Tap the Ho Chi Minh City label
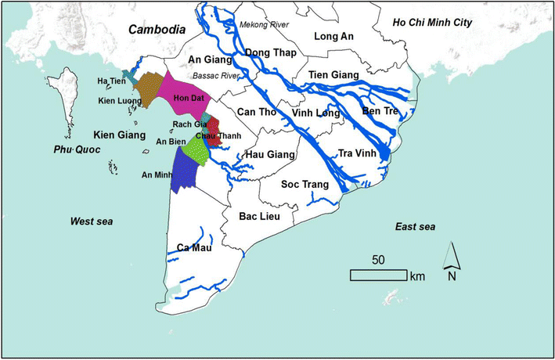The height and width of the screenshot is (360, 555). (432, 23)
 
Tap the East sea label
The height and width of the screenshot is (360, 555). (414, 227)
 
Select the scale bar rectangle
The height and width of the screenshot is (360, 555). (377, 275)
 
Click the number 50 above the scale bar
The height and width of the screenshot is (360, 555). (377, 259)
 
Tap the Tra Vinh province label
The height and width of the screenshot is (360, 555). (358, 153)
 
